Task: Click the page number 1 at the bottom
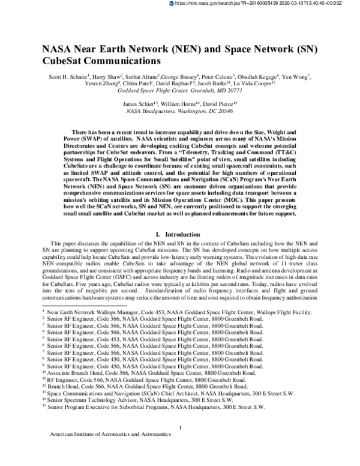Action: pyautogui.click(x=180, y=444)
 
